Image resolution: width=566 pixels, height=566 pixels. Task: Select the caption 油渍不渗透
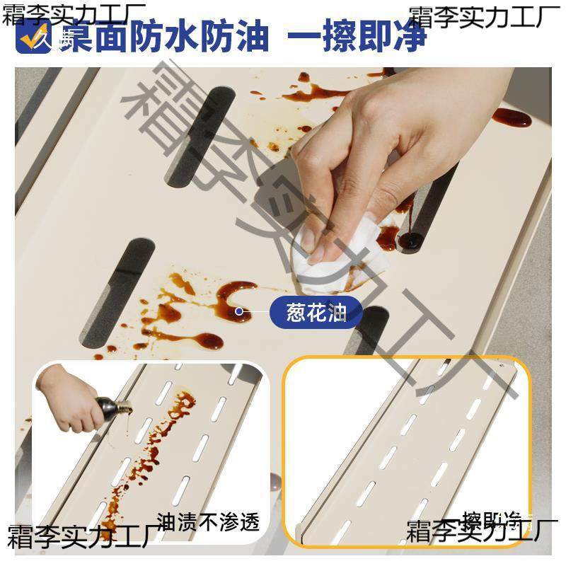click(x=208, y=522)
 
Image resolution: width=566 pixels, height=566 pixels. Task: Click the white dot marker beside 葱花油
click(x=239, y=311)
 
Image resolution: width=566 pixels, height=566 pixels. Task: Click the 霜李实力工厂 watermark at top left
click(x=74, y=13)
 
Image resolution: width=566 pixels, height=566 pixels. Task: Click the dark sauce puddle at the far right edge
click(x=511, y=117)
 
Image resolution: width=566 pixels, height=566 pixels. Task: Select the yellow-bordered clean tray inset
click(x=407, y=453)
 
